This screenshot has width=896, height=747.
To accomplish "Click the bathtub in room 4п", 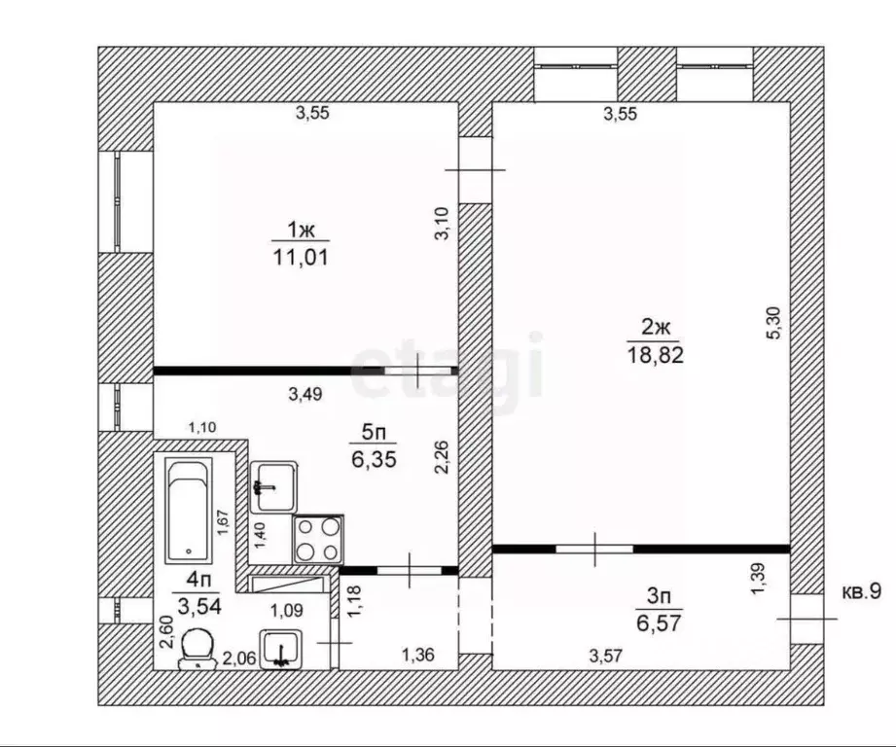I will (188, 511).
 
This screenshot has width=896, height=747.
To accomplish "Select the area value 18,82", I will (656, 355).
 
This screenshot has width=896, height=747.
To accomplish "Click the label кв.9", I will (860, 591).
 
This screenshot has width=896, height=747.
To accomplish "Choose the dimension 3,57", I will (604, 657).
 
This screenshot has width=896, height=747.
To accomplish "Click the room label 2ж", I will (656, 328).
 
